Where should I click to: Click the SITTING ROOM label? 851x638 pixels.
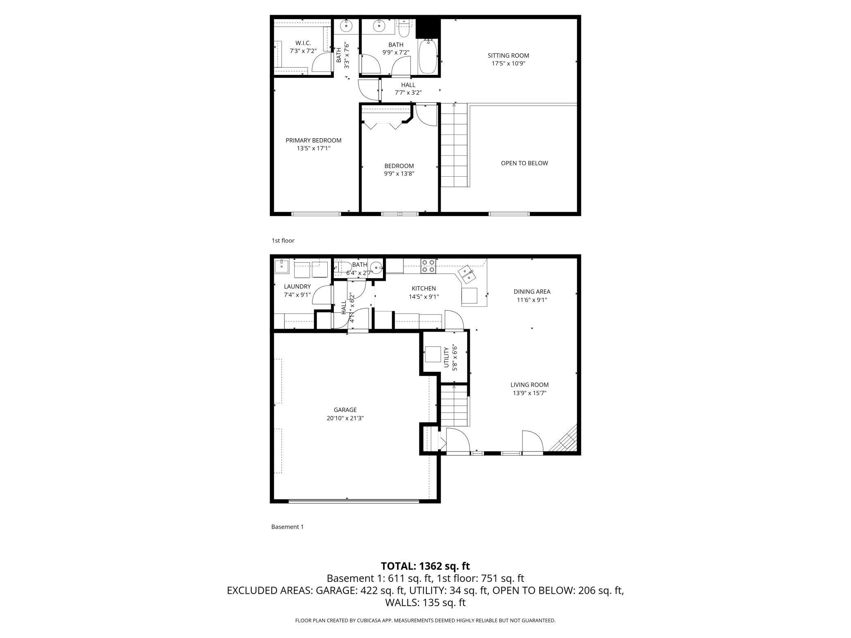point(508,55)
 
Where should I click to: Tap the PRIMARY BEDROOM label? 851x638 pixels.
point(313,140)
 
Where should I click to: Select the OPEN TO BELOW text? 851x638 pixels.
point(525,163)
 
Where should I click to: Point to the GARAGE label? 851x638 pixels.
point(345,410)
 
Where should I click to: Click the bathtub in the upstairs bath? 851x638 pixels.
point(428,56)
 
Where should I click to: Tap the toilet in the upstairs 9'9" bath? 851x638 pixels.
point(403,29)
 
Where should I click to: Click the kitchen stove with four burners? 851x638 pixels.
point(428,266)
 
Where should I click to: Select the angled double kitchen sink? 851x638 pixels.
point(467,274)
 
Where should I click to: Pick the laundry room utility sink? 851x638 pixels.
point(281,266)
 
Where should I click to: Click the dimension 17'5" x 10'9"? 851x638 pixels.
point(508,63)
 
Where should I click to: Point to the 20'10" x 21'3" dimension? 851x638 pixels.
point(345,418)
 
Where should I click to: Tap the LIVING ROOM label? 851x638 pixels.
point(529,385)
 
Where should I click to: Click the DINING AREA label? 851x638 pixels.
point(532,292)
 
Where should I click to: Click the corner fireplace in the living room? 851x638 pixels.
point(565,438)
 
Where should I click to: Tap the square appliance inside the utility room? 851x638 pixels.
point(433,355)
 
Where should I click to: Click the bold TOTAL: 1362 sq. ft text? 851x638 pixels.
point(425,566)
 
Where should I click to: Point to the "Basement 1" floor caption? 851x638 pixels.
point(288,527)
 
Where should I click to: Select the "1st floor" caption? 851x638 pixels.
point(283,240)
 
